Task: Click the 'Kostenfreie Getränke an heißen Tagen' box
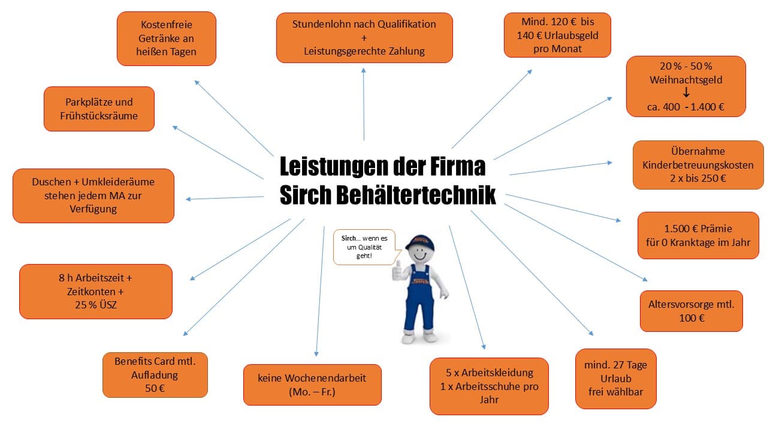point(167,38)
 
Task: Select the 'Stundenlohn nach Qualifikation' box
point(364,38)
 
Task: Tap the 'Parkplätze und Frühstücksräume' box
point(99,109)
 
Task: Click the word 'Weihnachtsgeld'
point(686,80)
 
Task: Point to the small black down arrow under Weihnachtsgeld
point(686,92)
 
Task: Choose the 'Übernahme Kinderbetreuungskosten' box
point(698,165)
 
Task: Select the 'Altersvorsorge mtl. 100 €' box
point(691,311)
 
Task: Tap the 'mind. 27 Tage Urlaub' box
point(615,379)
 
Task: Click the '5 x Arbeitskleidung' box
point(489,386)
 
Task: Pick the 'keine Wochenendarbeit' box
point(312,385)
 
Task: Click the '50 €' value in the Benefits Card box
point(155,388)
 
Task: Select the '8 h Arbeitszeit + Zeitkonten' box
point(95,292)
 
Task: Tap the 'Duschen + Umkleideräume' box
point(93,196)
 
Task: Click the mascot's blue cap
point(420,242)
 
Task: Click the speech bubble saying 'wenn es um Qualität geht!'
point(364,247)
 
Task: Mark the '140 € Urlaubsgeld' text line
point(557,35)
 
